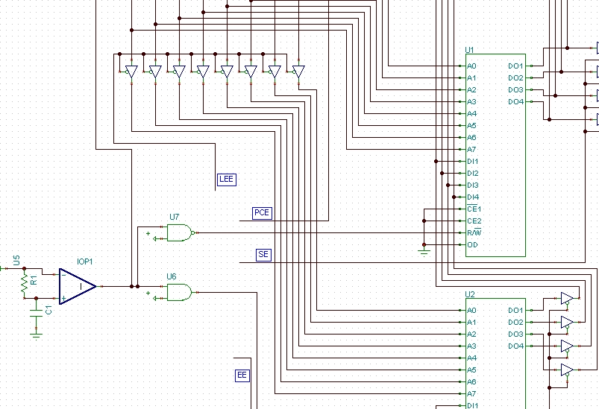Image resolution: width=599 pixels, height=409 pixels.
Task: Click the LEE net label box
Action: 227,180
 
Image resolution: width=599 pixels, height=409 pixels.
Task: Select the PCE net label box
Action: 262,213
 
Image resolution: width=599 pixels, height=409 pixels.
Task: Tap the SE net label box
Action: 263,255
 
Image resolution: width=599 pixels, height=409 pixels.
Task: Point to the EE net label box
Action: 242,375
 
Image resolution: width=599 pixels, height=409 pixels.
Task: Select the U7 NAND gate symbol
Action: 181,232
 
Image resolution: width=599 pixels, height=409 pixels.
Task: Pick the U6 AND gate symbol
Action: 180,292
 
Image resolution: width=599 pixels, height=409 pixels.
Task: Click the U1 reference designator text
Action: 469,50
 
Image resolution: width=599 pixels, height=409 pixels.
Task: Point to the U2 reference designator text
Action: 470,294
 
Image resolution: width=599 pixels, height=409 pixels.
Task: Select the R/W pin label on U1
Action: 474,232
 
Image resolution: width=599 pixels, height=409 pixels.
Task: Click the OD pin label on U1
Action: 472,245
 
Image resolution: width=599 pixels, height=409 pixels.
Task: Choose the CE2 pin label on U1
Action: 474,221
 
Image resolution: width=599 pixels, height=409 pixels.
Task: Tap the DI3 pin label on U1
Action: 473,185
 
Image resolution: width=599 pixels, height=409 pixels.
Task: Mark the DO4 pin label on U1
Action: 515,102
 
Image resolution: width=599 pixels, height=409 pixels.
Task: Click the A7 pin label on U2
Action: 471,394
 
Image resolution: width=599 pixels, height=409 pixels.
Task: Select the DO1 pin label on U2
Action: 515,311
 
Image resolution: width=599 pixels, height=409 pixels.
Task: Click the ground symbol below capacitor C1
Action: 37,335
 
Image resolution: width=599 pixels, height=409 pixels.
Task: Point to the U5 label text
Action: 16,261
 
